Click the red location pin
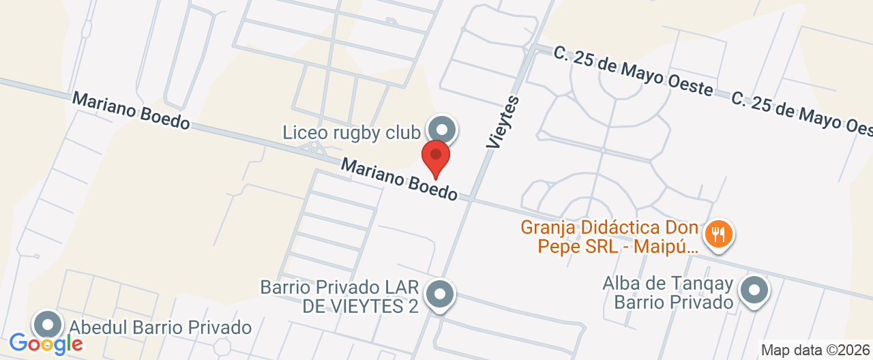click(436, 157)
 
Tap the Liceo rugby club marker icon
click(442, 129)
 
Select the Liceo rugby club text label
click(351, 132)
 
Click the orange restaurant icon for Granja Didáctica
click(717, 234)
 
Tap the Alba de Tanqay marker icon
click(754, 290)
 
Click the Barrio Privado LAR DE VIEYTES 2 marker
click(440, 295)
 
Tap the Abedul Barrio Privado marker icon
click(48, 325)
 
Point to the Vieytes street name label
click(503, 122)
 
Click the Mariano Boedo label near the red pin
click(399, 179)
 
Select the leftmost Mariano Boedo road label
click(130, 110)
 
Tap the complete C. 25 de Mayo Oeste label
click(633, 71)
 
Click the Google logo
click(46, 343)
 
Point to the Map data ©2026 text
click(816, 350)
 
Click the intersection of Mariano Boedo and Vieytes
click(471, 198)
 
